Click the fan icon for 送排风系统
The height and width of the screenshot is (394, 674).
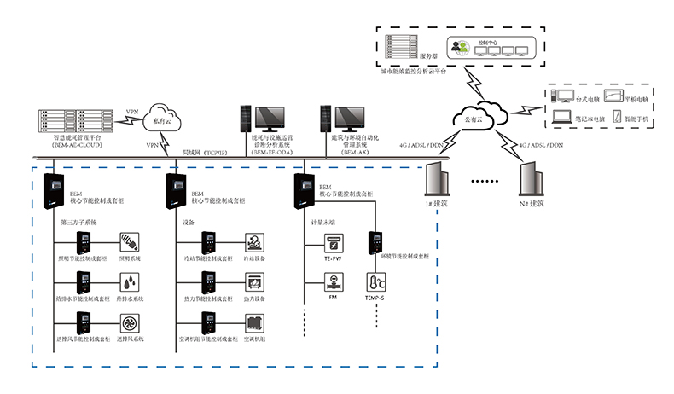pyautogui.click(x=131, y=324)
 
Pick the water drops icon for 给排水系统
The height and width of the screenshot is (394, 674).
pyautogui.click(x=131, y=282)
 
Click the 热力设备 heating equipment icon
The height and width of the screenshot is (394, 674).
pyautogui.click(x=253, y=282)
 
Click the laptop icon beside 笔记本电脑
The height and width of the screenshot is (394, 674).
pyautogui.click(x=561, y=118)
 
